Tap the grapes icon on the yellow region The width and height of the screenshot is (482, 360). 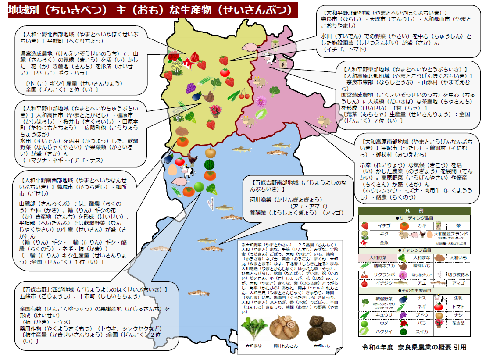click(x=191, y=88)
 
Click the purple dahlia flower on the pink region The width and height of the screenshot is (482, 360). click(x=261, y=101)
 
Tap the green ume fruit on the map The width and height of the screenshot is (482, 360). click(x=199, y=187)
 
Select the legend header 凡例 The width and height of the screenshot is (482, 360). click(x=414, y=210)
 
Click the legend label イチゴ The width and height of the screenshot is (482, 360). click(x=384, y=226)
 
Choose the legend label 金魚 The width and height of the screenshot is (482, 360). click(x=384, y=242)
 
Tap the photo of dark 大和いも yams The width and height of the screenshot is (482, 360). click(x=321, y=328)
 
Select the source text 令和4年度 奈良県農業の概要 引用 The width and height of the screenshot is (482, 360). click(x=414, y=347)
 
